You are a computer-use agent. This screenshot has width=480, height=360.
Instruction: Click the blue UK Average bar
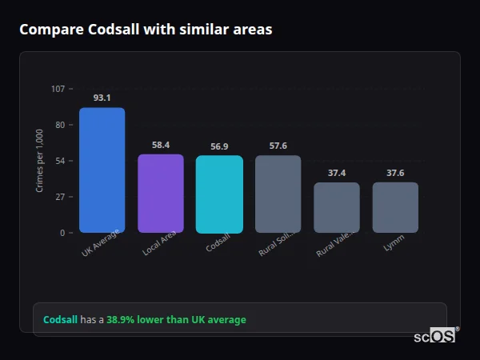point(102,170)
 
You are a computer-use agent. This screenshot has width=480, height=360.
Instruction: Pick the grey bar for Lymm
point(395,207)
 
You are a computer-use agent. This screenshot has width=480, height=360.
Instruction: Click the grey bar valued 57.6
point(278,194)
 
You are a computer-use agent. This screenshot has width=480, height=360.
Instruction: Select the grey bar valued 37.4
point(337,207)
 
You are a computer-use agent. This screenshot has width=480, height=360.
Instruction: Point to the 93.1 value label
point(102,98)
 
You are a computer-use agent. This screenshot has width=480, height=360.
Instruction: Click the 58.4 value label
point(161,145)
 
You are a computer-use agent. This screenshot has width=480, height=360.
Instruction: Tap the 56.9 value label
point(219,146)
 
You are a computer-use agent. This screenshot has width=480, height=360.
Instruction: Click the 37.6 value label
point(395,173)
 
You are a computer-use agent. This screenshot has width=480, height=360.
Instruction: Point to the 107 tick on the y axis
point(58,88)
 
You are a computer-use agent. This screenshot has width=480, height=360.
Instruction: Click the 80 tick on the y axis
point(60,124)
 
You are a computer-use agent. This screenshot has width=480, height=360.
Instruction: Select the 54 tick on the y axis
point(60,160)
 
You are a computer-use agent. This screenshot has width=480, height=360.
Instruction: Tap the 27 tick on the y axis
point(60,196)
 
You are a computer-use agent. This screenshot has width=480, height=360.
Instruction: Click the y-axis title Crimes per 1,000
point(39,160)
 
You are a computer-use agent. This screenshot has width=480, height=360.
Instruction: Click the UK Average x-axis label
point(101,243)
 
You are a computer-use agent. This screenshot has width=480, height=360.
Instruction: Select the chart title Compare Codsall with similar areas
point(146,30)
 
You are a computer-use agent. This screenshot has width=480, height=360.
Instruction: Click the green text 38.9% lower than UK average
point(176,319)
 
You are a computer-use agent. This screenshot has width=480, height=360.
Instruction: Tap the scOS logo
point(435,336)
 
